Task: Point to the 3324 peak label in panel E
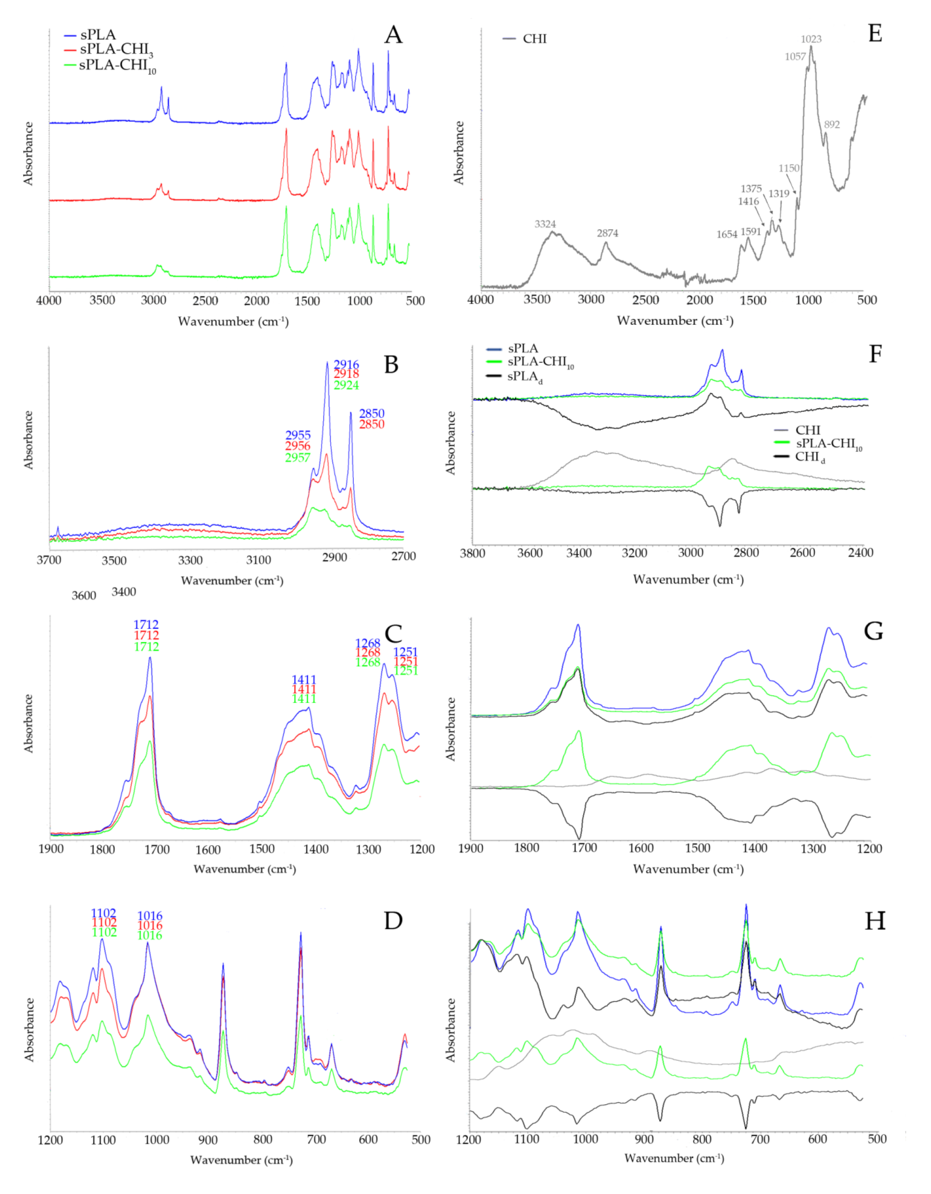pyautogui.click(x=545, y=224)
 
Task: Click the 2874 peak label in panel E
pyautogui.click(x=607, y=233)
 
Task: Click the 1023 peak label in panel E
pyautogui.click(x=811, y=39)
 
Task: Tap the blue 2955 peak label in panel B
pyautogui.click(x=298, y=435)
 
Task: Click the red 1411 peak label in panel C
pyautogui.click(x=304, y=689)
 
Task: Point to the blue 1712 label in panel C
pyautogui.click(x=146, y=625)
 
